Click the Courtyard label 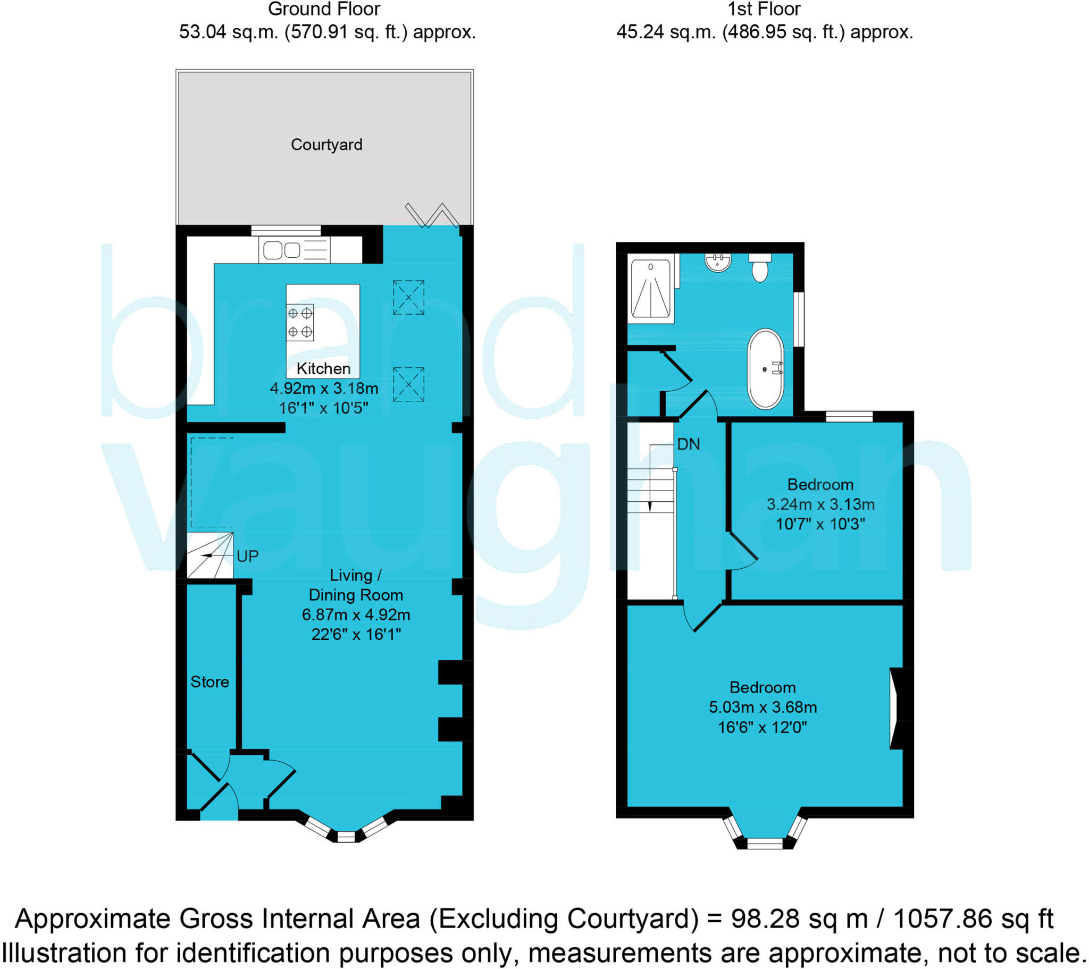click(x=326, y=145)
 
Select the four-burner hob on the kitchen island click(x=299, y=322)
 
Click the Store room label click(x=210, y=682)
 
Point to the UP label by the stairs click(x=247, y=556)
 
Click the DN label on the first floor click(x=688, y=444)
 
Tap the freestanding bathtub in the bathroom click(x=765, y=369)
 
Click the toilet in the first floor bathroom click(x=759, y=267)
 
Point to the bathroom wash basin click(x=718, y=262)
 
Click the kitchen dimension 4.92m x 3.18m click(x=324, y=389)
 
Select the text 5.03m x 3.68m click(x=763, y=707)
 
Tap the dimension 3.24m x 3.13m click(x=820, y=504)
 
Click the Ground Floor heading click(x=324, y=9)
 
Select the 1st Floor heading click(x=764, y=9)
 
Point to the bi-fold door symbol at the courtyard click(x=432, y=215)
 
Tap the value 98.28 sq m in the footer click(x=799, y=919)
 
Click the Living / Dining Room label click(x=355, y=585)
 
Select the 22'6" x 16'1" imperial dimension click(x=355, y=634)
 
